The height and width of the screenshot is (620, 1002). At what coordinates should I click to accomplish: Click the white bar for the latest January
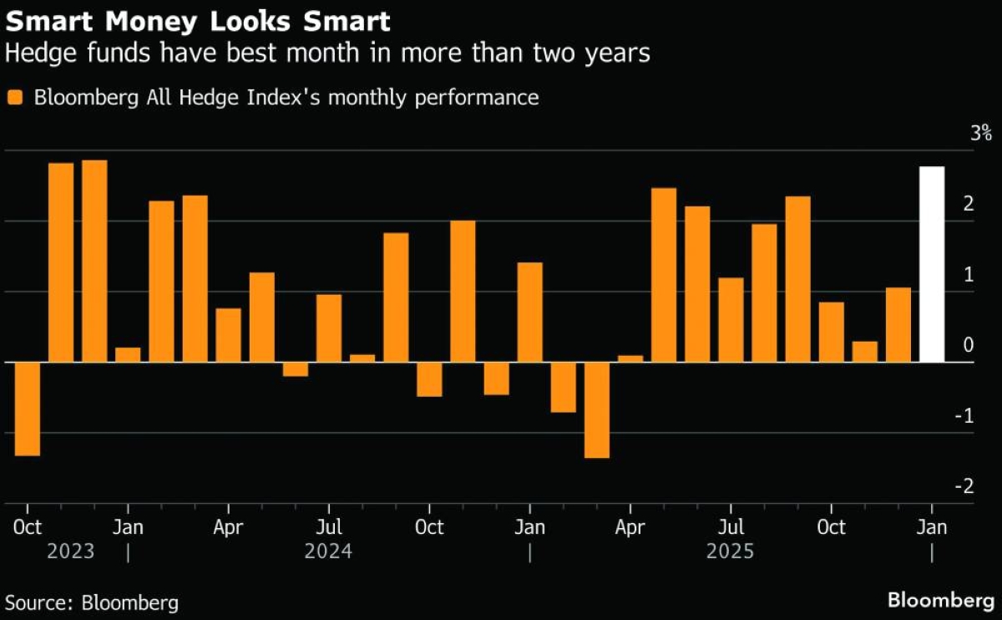pyautogui.click(x=932, y=264)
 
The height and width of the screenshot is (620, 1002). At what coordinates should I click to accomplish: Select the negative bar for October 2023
pyautogui.click(x=28, y=409)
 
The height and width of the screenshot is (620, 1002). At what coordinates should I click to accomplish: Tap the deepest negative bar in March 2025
pyautogui.click(x=597, y=409)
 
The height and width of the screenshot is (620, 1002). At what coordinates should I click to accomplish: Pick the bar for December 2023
pyautogui.click(x=94, y=261)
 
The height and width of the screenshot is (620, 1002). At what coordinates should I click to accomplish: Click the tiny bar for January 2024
pyautogui.click(x=128, y=354)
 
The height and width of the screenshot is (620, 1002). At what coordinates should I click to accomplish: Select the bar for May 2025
pyautogui.click(x=664, y=275)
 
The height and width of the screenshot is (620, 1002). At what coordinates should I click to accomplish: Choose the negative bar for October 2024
pyautogui.click(x=429, y=379)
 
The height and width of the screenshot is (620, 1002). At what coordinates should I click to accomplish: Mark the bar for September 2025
pyautogui.click(x=798, y=279)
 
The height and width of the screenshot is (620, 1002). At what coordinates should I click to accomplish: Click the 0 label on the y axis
pyautogui.click(x=968, y=345)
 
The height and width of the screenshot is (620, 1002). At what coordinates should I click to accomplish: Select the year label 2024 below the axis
pyautogui.click(x=328, y=552)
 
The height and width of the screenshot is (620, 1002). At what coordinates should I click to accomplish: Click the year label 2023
pyautogui.click(x=71, y=552)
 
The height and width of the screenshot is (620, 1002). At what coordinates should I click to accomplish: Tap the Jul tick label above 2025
pyautogui.click(x=731, y=527)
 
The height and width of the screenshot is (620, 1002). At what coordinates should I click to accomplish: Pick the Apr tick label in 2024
pyautogui.click(x=228, y=527)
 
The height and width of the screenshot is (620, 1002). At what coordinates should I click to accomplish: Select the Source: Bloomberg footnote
pyautogui.click(x=92, y=602)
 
